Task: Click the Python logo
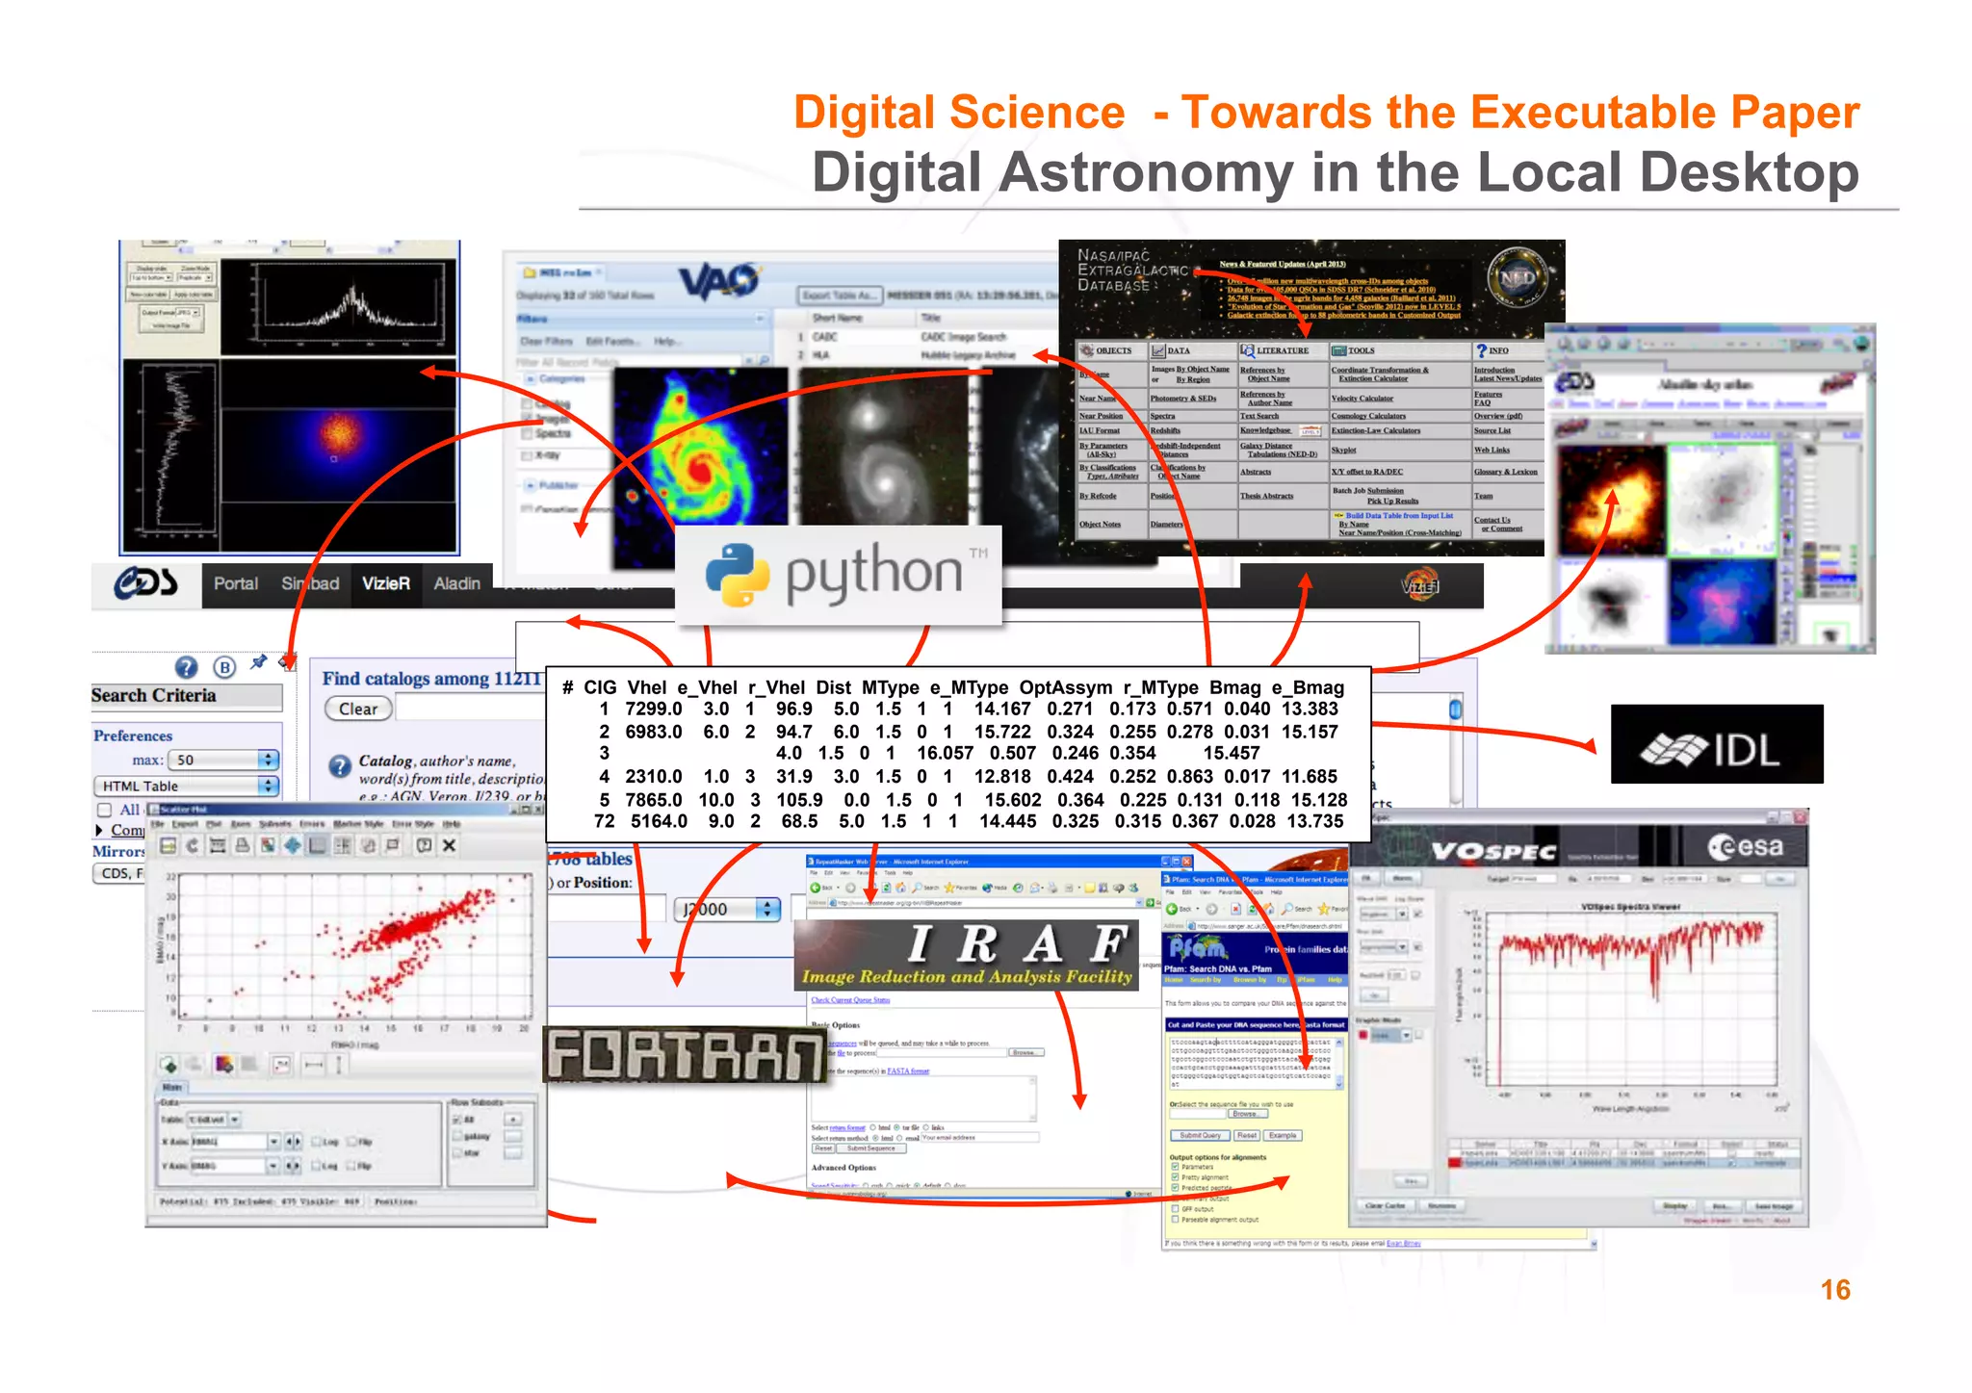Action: [839, 575]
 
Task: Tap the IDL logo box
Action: [1716, 744]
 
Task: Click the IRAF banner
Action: [966, 955]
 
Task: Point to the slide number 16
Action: [1834, 1290]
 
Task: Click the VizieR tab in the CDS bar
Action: [386, 583]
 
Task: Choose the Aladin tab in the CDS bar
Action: [456, 583]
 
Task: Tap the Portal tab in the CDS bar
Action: [235, 583]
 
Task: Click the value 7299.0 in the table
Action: [653, 709]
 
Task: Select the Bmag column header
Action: [1234, 687]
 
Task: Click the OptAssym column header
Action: [1066, 687]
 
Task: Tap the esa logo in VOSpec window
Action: [1746, 847]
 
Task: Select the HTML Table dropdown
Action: [186, 787]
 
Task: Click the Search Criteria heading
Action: [154, 696]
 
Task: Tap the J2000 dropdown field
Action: [726, 910]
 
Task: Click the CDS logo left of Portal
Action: [145, 582]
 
